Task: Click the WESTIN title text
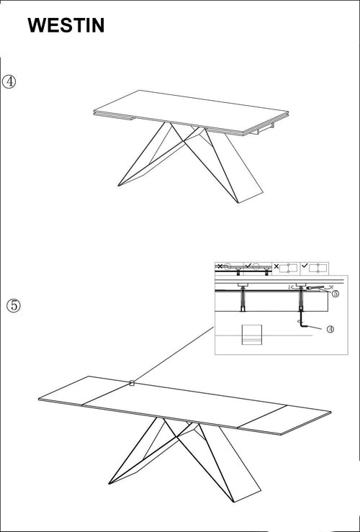point(66,26)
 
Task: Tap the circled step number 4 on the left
point(9,81)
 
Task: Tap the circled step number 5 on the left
point(14,305)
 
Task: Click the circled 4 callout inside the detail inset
point(330,329)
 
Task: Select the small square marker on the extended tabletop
point(132,384)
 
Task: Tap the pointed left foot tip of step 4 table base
point(119,186)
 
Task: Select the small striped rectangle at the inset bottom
point(251,335)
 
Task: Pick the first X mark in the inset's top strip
point(220,266)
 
